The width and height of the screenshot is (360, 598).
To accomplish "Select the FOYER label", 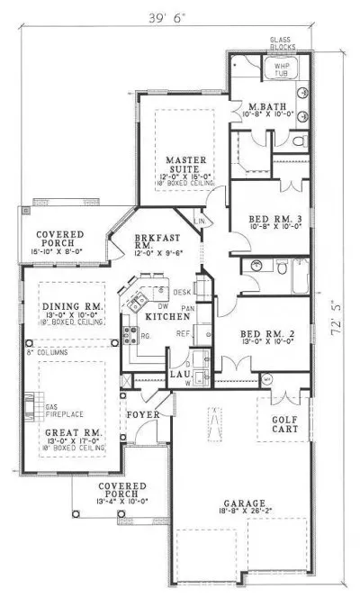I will click(143, 391).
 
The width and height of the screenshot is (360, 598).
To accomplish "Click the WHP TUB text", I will click(274, 69).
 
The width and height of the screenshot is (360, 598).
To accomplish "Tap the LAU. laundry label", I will click(179, 372).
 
